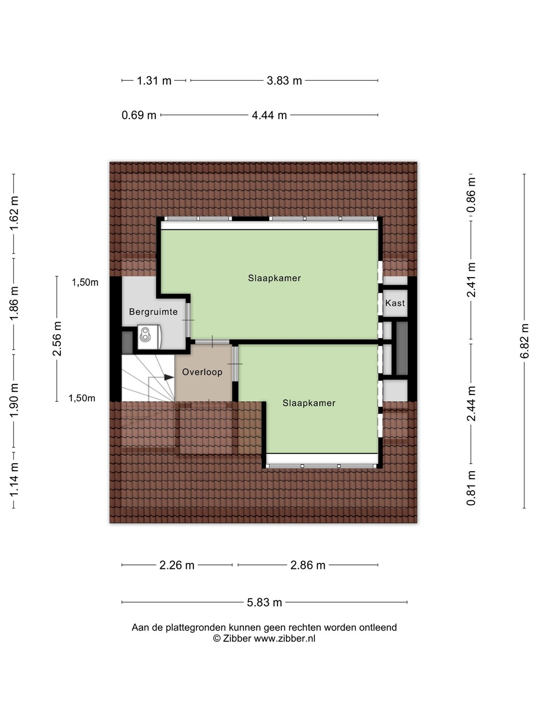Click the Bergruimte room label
(153, 312)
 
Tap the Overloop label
(202, 372)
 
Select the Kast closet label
(395, 303)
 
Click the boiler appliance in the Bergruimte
(149, 337)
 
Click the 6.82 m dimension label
(524, 341)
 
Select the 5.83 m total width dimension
(264, 602)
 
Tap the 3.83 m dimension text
(284, 80)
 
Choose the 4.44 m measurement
(269, 115)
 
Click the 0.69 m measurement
(139, 115)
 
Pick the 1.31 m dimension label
(154, 80)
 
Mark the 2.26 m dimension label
(177, 565)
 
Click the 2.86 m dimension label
(308, 565)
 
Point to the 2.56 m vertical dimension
(57, 339)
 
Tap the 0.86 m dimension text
(471, 195)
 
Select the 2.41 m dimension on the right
(471, 280)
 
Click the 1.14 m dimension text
(13, 480)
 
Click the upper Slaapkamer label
(274, 278)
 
